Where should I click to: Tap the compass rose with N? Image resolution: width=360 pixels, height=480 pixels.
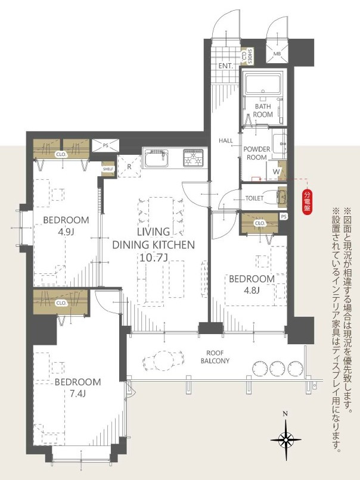285,440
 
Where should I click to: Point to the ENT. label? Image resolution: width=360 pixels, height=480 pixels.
225,66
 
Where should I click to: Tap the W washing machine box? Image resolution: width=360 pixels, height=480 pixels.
276,171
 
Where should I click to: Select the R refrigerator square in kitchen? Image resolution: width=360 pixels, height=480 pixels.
129,167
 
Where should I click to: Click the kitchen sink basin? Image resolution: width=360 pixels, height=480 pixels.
157,159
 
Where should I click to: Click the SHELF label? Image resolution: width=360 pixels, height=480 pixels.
108,169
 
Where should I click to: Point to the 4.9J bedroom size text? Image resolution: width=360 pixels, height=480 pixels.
66,231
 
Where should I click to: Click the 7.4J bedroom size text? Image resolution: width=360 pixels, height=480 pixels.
78,394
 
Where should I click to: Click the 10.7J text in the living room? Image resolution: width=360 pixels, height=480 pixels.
154,257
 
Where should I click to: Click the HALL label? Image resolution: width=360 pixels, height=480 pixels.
226,141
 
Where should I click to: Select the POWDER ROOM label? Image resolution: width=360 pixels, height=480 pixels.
257,154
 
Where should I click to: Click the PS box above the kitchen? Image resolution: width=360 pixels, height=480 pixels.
105,145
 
